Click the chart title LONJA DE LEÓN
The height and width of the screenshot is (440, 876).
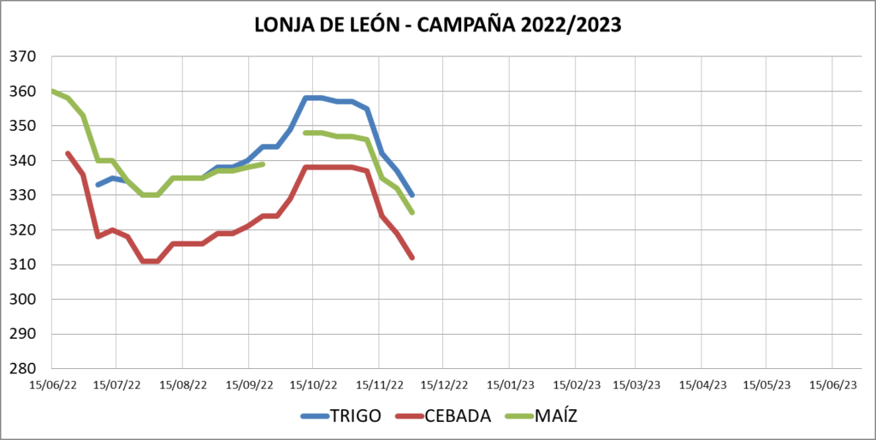pos(326,25)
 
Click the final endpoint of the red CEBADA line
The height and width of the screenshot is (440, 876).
pos(412,258)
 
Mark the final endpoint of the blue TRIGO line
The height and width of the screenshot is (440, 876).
pos(412,195)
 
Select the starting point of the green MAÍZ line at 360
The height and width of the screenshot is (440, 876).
pos(52,91)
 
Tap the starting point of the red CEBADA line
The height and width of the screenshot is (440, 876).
pos(68,153)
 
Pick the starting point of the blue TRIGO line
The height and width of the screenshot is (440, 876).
pos(98,185)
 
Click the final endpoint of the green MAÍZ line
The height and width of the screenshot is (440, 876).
pos(412,212)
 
